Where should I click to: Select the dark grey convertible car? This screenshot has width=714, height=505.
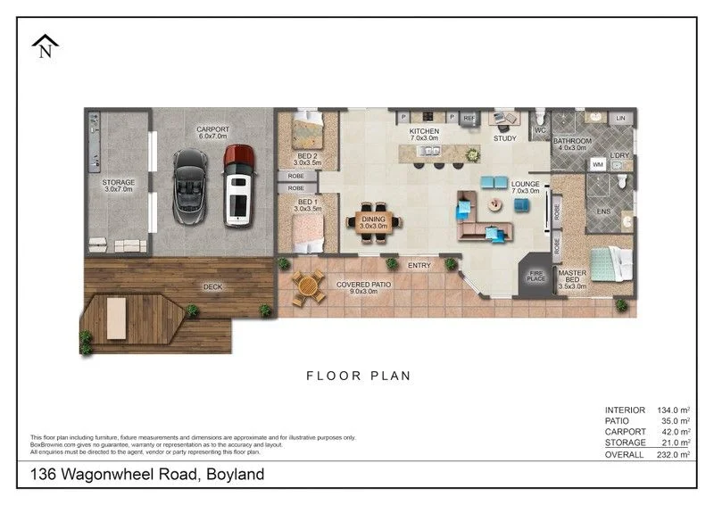[190, 186]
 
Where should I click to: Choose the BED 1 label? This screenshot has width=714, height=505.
[307, 208]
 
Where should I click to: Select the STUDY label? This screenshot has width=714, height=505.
[505, 138]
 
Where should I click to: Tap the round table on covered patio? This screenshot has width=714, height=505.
[308, 286]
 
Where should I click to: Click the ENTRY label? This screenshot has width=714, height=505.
[419, 265]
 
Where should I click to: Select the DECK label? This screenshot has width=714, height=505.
[212, 286]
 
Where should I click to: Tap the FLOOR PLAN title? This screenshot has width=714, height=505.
[359, 376]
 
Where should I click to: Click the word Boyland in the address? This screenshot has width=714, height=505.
[235, 475]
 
